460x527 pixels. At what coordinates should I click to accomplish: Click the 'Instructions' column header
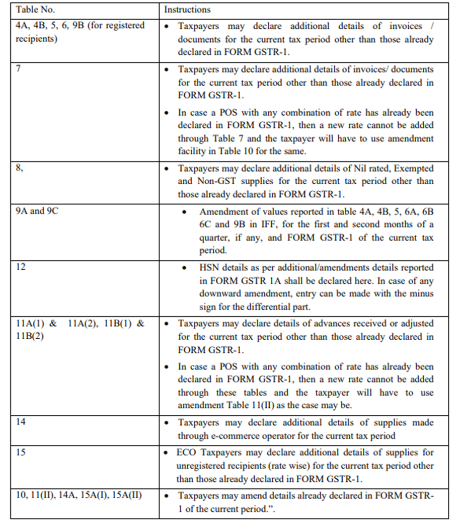click(x=187, y=10)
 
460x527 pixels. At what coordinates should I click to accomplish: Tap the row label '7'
click(x=20, y=68)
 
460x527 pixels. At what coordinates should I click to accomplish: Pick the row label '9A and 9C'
click(x=37, y=211)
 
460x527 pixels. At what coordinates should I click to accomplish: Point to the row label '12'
click(x=21, y=267)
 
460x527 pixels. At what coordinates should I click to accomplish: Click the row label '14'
click(x=21, y=422)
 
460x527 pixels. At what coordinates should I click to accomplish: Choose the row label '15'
click(x=21, y=452)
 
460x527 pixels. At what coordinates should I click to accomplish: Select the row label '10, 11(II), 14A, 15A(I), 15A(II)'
click(x=80, y=495)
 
